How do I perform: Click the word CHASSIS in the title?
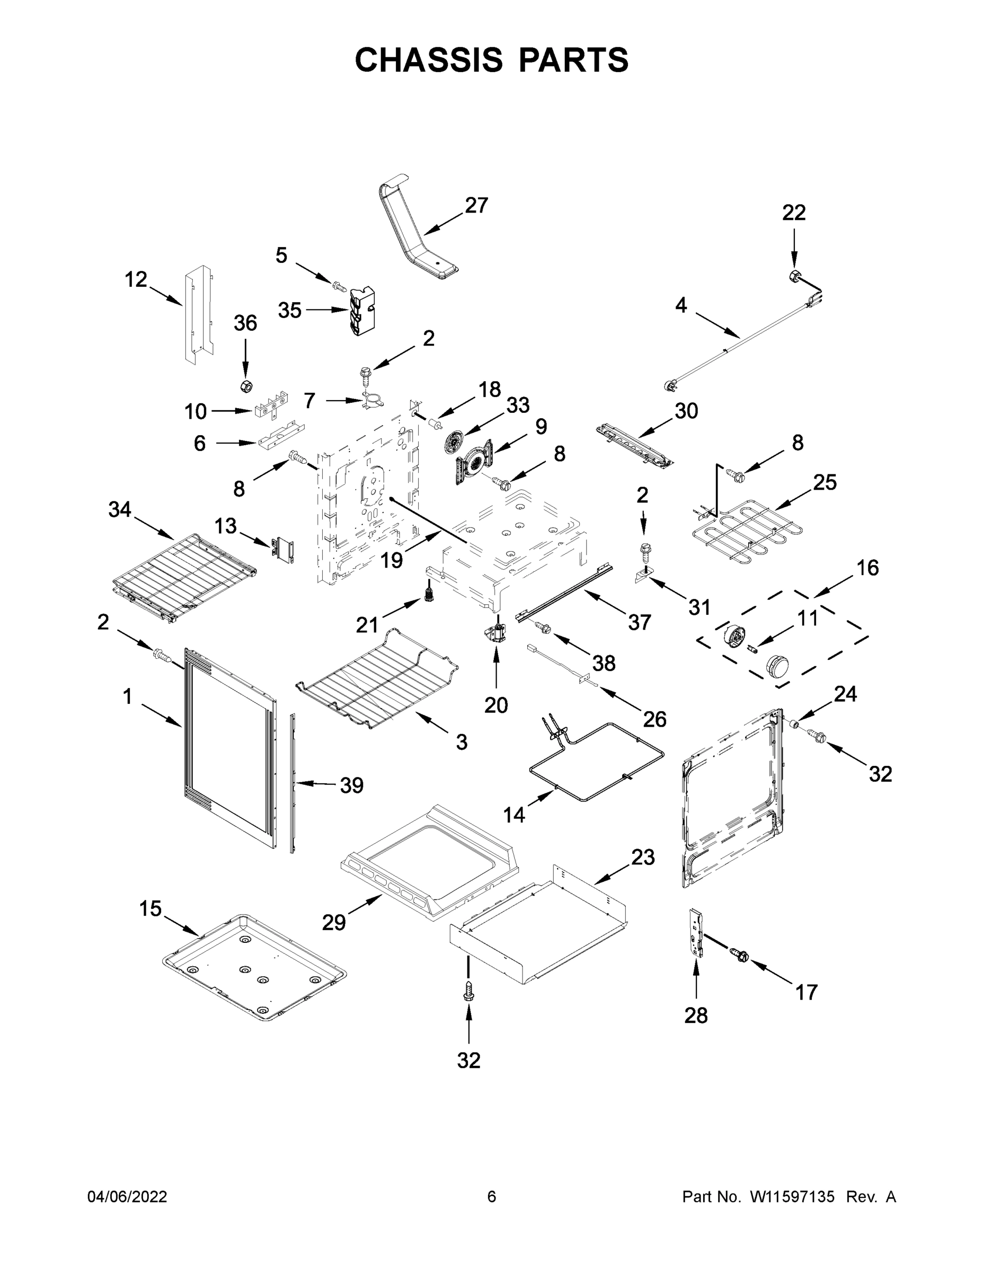pyautogui.click(x=429, y=59)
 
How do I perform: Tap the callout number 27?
pyautogui.click(x=476, y=206)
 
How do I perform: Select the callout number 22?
pyautogui.click(x=793, y=213)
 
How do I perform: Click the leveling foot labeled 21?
pyautogui.click(x=429, y=595)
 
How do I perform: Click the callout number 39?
pyautogui.click(x=352, y=785)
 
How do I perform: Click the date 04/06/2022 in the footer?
pyautogui.click(x=127, y=1196)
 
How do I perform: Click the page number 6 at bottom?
pyautogui.click(x=492, y=1196)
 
